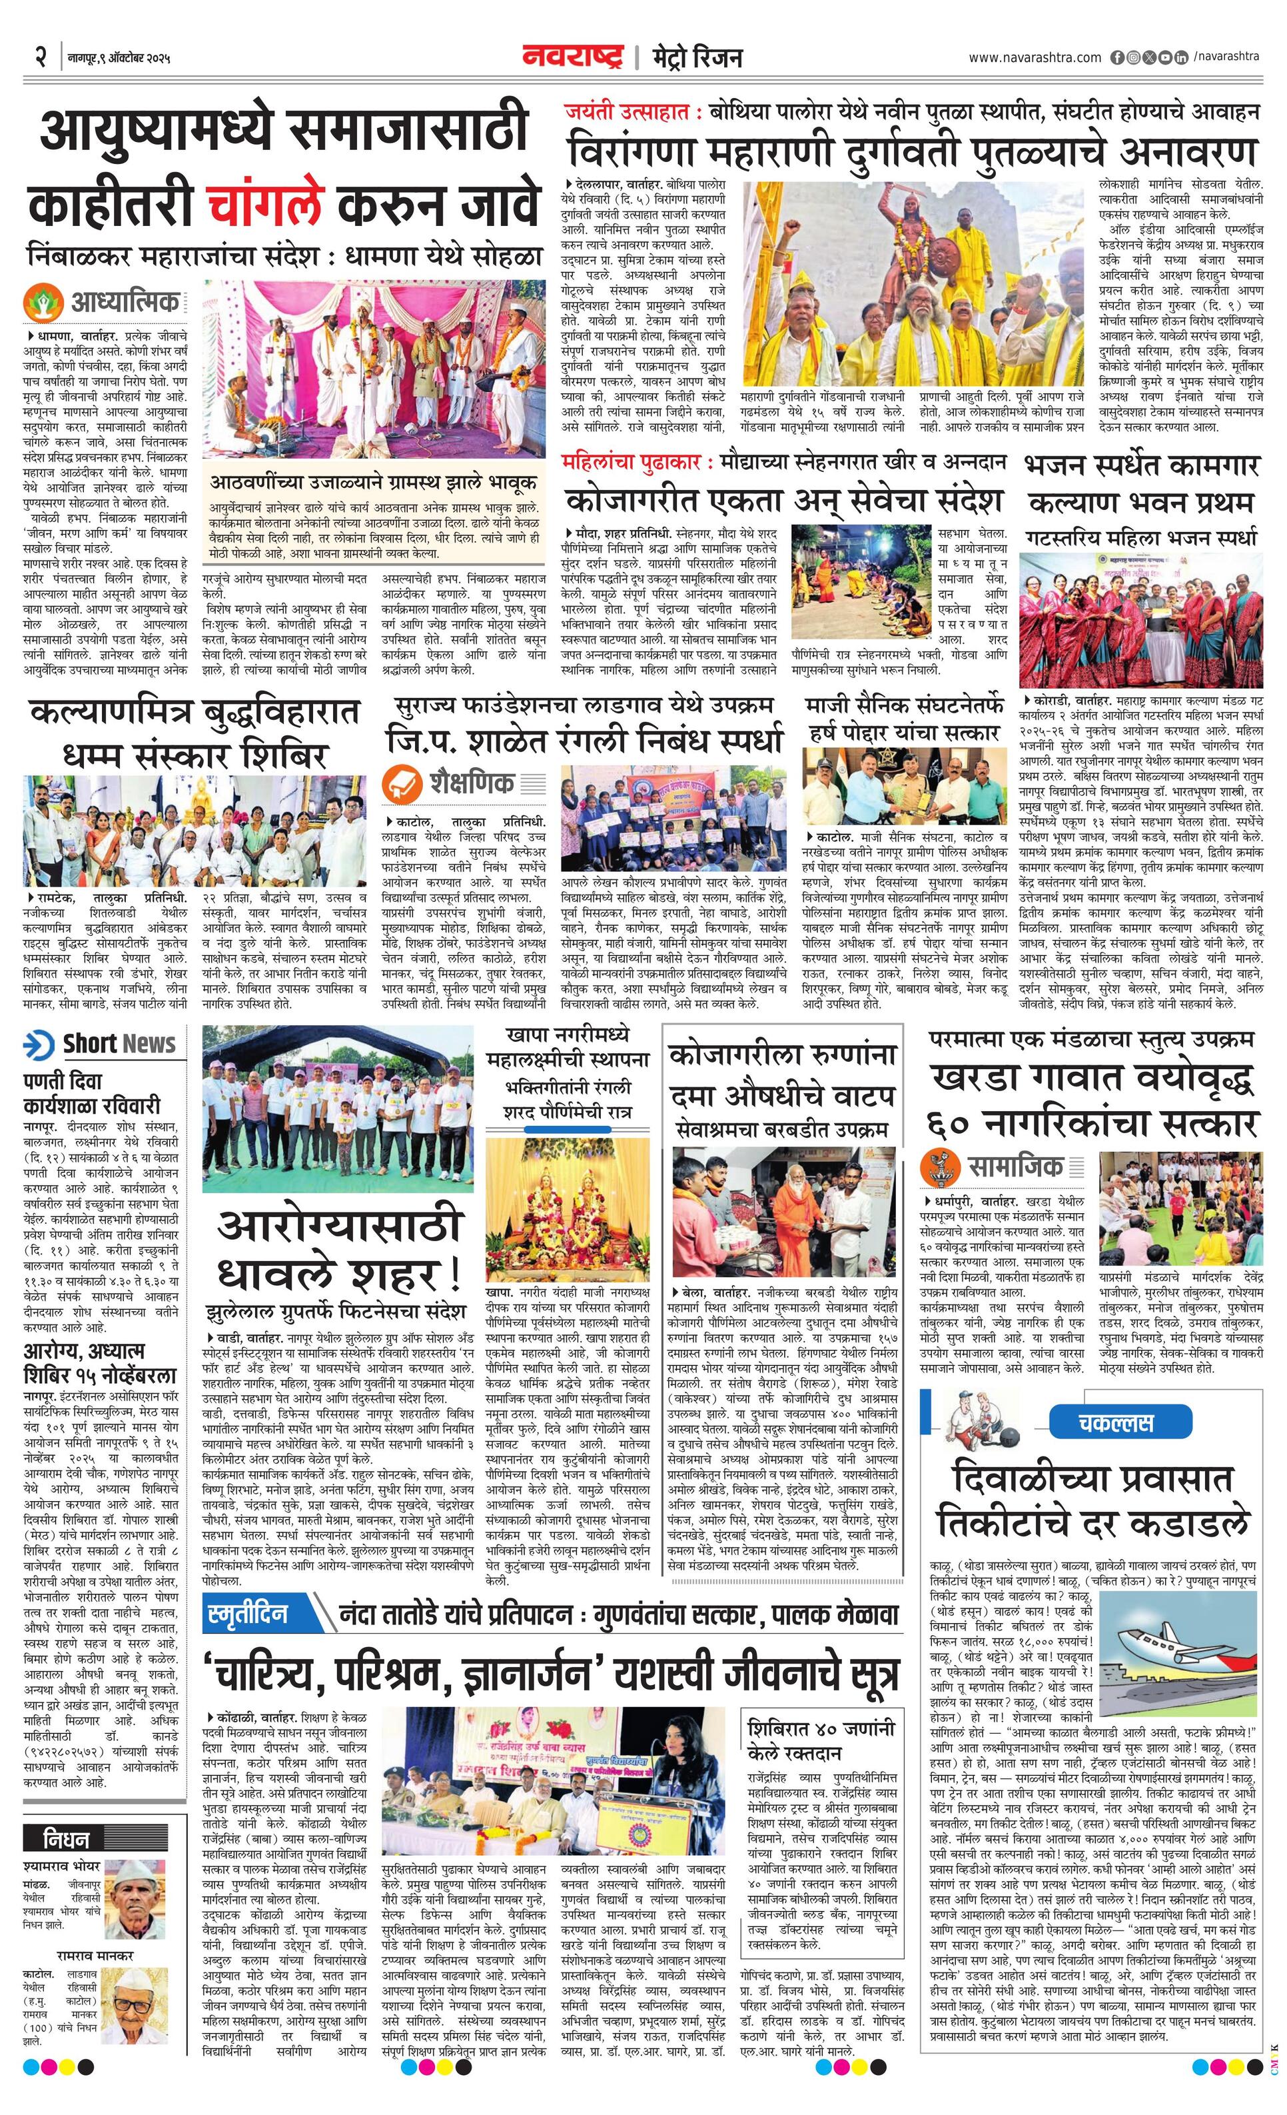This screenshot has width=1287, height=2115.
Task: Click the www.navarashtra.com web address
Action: click(1034, 57)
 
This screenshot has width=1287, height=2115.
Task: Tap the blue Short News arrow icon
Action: click(39, 1044)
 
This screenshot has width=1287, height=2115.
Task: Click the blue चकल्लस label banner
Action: click(1115, 1422)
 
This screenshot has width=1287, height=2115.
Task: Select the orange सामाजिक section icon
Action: click(941, 1166)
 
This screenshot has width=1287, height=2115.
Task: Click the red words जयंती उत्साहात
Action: click(628, 113)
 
